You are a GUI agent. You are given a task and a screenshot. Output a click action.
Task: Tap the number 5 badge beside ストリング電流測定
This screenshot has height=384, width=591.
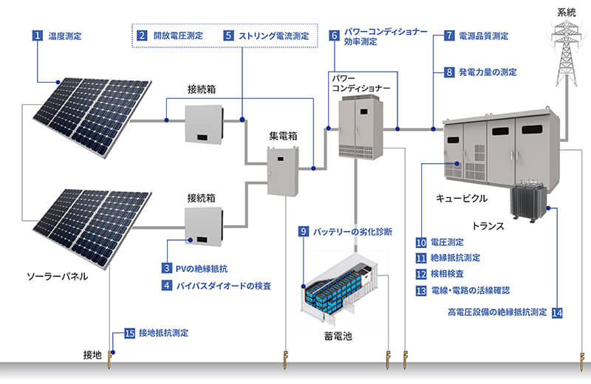[229, 35]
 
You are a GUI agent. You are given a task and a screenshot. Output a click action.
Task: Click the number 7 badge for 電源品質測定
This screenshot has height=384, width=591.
[449, 35]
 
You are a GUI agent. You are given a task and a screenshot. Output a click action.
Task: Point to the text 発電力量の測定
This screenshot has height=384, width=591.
[488, 72]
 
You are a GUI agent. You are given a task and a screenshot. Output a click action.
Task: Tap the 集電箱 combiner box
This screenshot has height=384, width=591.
[283, 171]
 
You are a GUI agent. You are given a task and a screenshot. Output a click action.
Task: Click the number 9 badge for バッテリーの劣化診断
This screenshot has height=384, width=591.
[303, 231]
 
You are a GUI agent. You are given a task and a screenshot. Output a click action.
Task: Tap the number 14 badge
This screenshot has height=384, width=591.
[557, 312]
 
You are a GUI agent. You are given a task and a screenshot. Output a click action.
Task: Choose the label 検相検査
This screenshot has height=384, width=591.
[448, 274]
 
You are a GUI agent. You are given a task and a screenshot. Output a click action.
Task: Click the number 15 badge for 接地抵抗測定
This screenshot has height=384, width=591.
[129, 333]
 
